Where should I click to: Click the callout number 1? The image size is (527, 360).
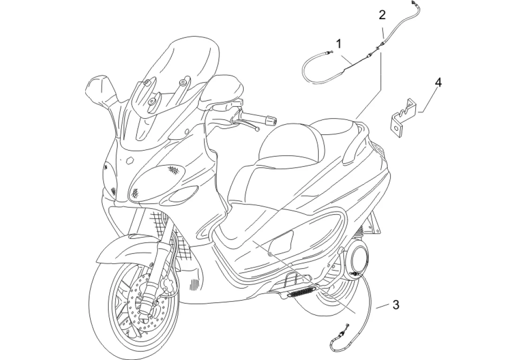339,44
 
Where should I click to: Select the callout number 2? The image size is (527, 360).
383,15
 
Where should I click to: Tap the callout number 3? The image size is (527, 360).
396,305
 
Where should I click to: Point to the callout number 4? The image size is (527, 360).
438,82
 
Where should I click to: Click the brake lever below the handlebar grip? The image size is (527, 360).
244,123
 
